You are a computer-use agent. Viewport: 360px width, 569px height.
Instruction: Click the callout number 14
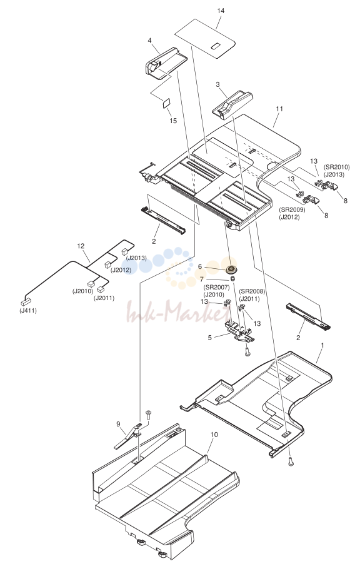[x=221, y=11]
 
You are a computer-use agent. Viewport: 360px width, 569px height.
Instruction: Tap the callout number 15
[x=173, y=121]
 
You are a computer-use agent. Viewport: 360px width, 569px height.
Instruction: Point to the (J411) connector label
[x=28, y=311]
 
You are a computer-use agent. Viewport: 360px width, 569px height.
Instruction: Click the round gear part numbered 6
[x=231, y=269]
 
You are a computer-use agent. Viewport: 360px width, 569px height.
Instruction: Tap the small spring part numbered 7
[x=233, y=278]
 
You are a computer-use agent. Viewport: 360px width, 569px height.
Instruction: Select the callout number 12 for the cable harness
[x=81, y=246]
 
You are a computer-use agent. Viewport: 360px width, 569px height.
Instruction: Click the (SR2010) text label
[x=337, y=168]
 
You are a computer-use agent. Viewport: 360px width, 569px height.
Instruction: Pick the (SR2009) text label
[x=292, y=210]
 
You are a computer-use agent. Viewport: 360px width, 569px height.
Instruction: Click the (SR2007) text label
[x=217, y=288]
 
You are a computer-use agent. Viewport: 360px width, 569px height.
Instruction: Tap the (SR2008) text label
[x=252, y=292]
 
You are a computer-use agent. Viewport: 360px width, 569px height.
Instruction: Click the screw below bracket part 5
[x=247, y=351]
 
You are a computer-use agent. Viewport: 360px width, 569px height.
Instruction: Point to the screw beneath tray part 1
[x=291, y=461]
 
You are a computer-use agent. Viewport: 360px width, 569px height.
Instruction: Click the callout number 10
[x=214, y=435]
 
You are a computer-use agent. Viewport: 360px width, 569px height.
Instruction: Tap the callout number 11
[x=279, y=109]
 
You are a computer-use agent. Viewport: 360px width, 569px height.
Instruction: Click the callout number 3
[x=217, y=84]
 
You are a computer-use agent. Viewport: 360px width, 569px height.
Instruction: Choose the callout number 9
[x=118, y=423]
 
